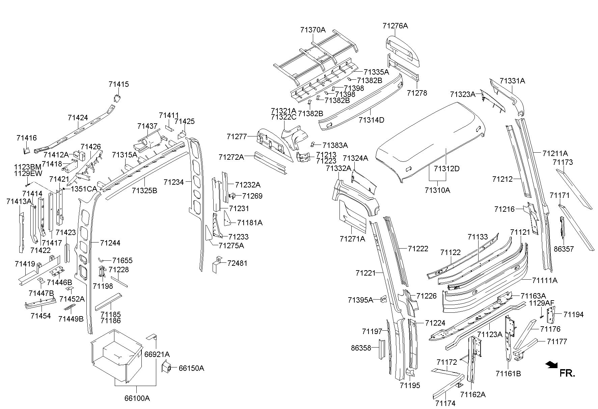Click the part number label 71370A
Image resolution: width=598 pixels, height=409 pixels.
[313, 30]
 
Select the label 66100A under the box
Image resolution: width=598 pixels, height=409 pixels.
[137, 398]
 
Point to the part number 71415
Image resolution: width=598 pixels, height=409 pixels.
[119, 84]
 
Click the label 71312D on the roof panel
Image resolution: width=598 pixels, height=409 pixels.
[446, 169]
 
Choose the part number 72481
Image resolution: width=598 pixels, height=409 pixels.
[237, 263]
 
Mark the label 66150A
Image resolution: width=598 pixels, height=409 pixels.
[191, 368]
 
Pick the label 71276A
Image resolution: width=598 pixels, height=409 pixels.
[395, 26]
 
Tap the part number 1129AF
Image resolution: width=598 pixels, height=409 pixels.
[542, 303]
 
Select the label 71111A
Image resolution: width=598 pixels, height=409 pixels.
[545, 280]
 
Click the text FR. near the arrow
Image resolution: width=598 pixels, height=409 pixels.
[567, 373]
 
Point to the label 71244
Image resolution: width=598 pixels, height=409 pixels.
[110, 243]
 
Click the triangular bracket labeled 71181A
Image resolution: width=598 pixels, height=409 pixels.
[227, 218]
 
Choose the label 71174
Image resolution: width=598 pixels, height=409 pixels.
[445, 403]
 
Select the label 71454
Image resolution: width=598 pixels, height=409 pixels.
[40, 316]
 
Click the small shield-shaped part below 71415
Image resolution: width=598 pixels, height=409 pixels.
[117, 98]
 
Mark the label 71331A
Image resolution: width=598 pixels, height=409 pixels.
[512, 81]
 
